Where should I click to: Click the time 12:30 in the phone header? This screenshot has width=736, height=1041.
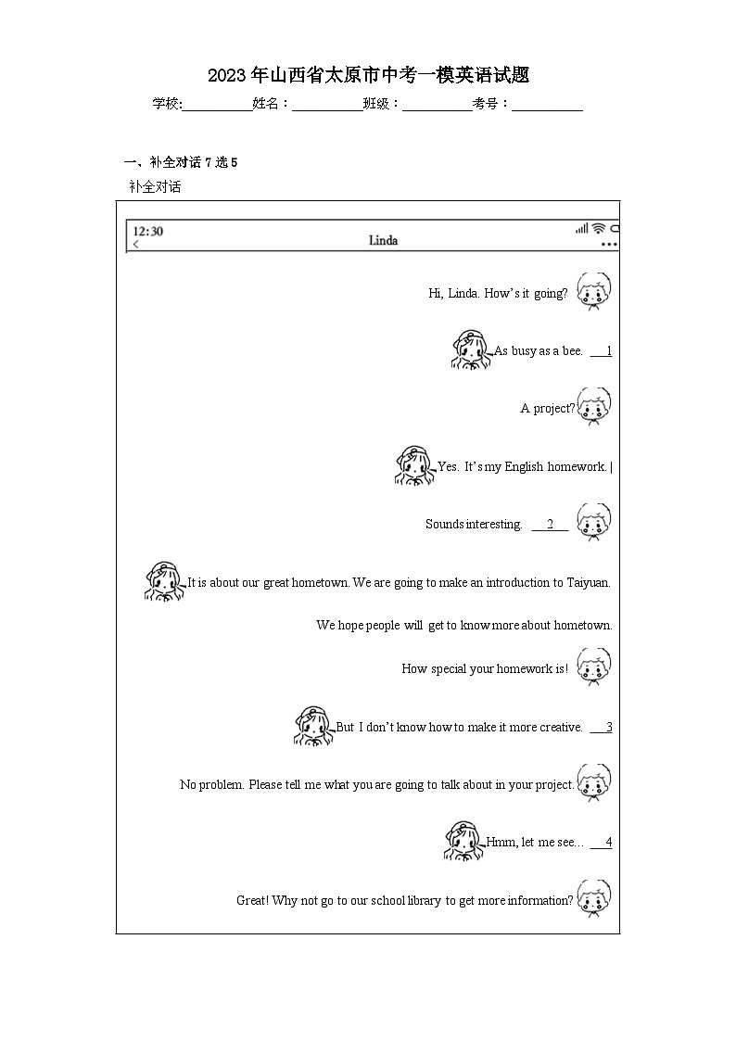pos(148,231)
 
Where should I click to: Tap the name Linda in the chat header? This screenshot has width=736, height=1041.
pos(383,241)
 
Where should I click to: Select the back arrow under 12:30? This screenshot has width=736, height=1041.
pos(136,245)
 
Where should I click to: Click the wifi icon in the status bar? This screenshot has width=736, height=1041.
pos(599,229)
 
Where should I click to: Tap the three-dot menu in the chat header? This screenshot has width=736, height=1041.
pos(609,245)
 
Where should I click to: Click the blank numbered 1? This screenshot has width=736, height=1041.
pos(602,351)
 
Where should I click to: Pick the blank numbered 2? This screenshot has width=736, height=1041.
pos(550,525)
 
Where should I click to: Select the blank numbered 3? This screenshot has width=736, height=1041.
pos(602,728)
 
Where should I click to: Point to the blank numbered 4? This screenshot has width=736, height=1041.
pos(602,843)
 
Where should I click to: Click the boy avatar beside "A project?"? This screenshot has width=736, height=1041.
pos(594,406)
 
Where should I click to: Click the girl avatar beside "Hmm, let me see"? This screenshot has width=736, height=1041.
pos(464,841)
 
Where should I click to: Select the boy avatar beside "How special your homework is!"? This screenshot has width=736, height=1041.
pos(593,666)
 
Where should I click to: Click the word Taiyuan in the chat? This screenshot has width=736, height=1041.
pos(587,583)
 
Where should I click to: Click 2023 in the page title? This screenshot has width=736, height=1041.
pos(225,75)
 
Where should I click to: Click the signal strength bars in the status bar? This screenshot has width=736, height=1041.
pos(581,229)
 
